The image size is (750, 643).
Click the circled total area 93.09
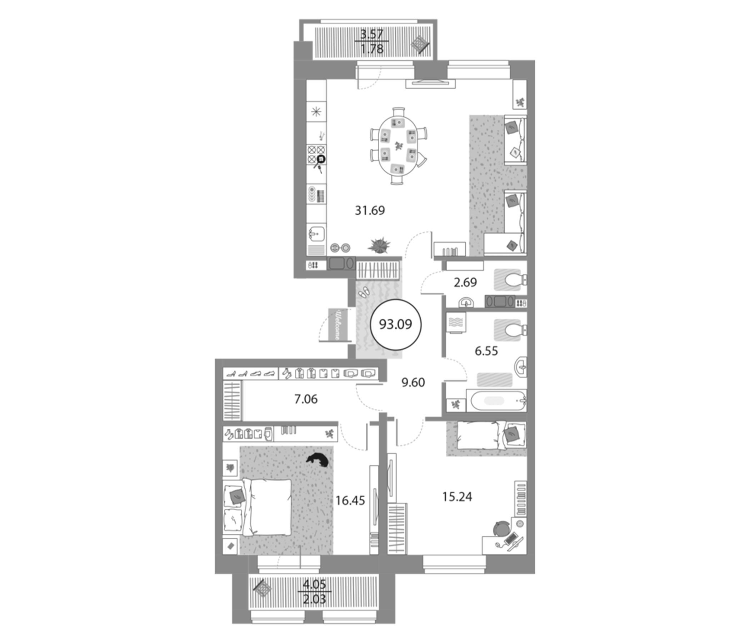[396, 324]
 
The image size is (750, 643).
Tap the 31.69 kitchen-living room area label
[370, 210]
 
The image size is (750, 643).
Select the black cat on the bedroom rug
[318, 460]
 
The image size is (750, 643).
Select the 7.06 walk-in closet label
[306, 399]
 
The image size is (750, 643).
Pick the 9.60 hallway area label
[413, 382]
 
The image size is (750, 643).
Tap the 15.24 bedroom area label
[457, 497]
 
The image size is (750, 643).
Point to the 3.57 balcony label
[372, 34]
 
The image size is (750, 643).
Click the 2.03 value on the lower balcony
[314, 599]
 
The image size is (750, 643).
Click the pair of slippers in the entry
[363, 292]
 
